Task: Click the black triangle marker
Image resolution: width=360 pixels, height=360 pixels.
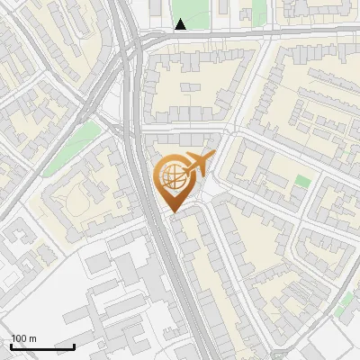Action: click(x=181, y=24)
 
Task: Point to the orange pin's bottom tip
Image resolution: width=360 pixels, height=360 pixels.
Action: click(x=173, y=212)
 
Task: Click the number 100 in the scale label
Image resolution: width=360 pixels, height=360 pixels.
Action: click(x=19, y=338)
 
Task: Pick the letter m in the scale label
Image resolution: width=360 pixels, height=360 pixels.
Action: click(x=32, y=338)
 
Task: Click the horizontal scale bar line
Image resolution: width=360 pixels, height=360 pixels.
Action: click(x=42, y=346)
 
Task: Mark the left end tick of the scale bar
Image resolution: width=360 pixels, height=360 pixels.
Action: click(x=11, y=345)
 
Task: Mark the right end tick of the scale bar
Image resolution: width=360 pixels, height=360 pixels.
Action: click(x=74, y=345)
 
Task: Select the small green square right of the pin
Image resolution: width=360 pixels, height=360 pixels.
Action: click(x=303, y=181)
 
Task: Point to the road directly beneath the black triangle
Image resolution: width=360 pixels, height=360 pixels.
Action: click(x=181, y=37)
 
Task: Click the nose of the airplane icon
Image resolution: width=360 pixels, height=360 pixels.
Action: click(x=213, y=157)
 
